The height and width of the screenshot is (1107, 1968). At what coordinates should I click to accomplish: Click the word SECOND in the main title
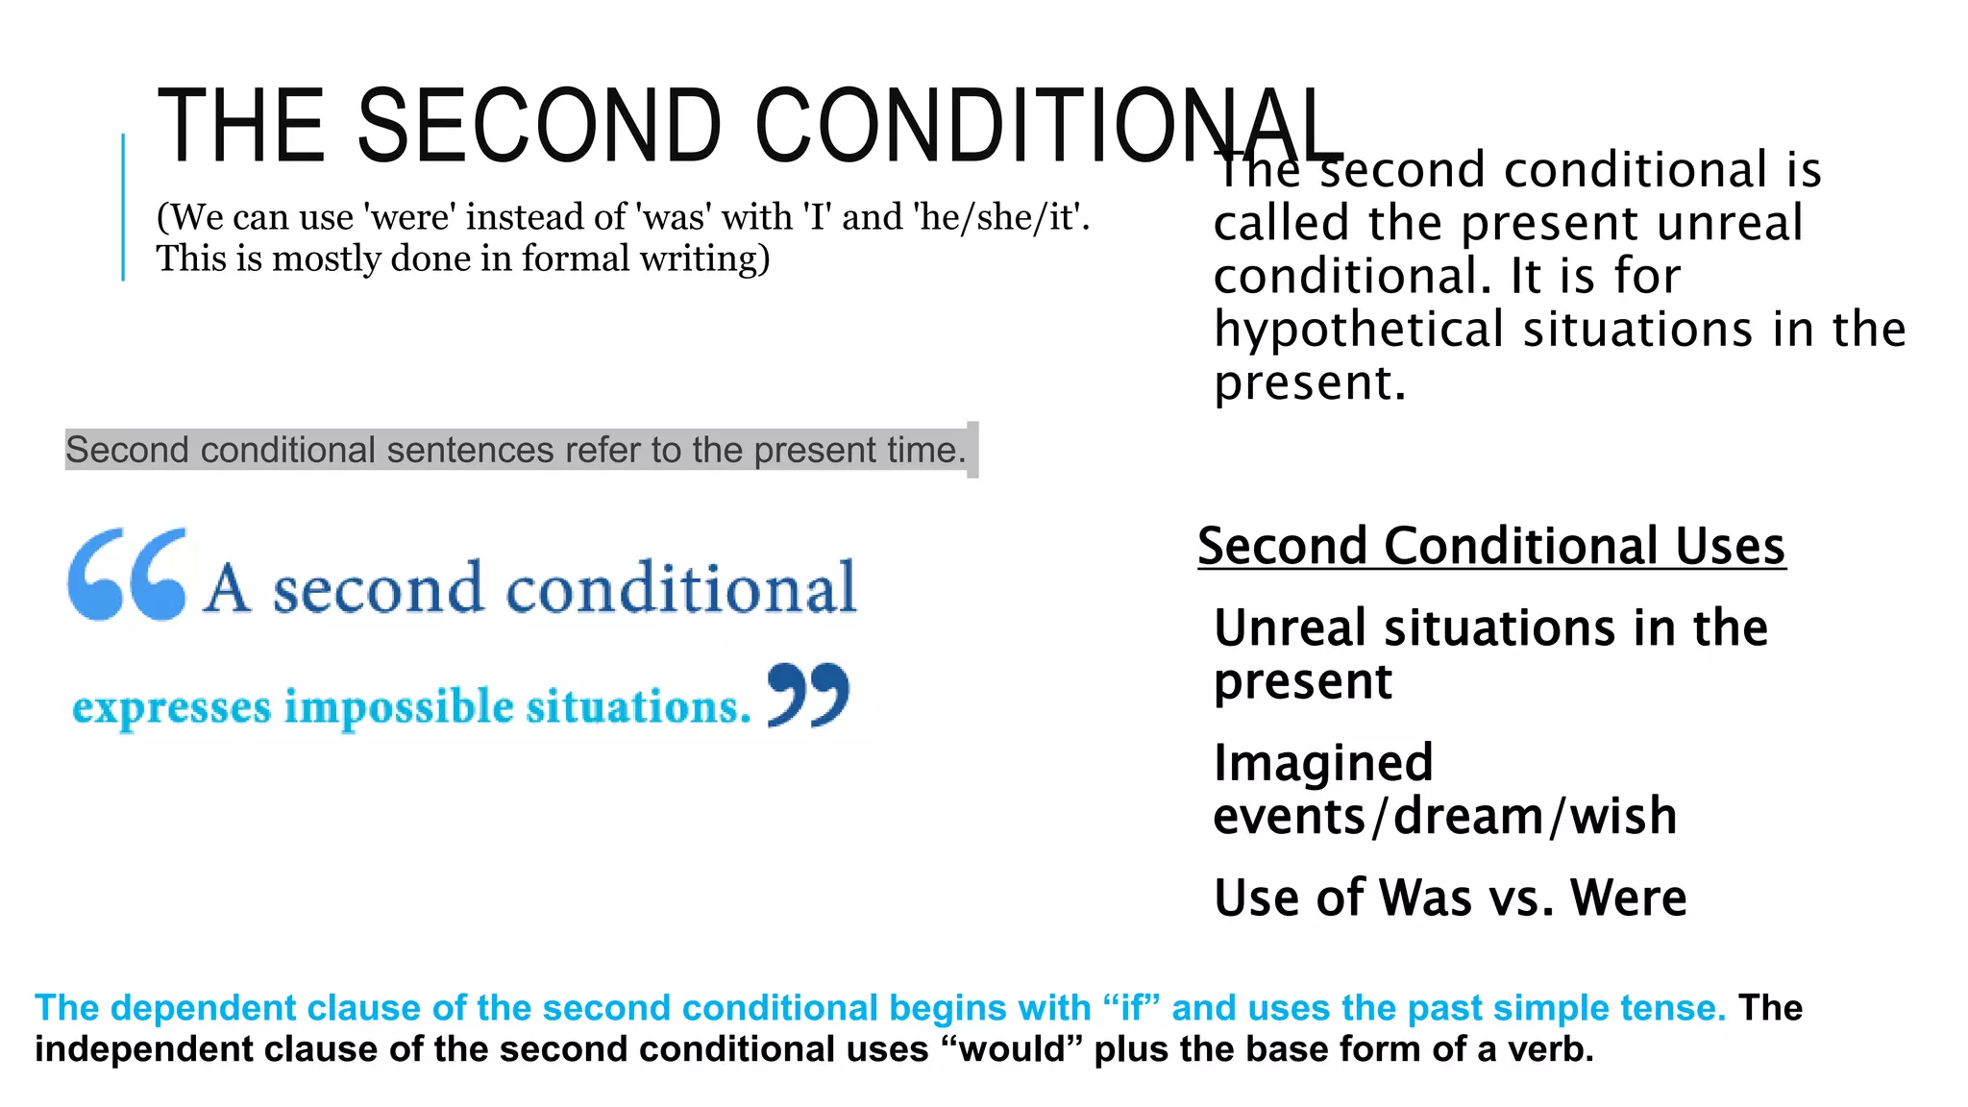tap(538, 126)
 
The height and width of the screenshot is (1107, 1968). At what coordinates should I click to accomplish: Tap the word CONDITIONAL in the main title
tap(1047, 126)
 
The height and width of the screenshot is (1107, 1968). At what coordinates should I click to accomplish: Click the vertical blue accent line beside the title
tap(123, 207)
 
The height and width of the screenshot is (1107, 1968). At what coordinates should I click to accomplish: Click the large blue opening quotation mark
tap(128, 574)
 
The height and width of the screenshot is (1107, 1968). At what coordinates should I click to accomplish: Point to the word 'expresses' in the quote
tap(172, 709)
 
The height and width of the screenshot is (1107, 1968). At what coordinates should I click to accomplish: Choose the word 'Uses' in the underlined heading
tap(1729, 546)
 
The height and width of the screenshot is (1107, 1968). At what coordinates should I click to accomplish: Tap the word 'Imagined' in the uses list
tap(1323, 763)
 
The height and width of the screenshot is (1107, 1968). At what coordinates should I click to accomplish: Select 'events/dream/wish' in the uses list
tap(1445, 816)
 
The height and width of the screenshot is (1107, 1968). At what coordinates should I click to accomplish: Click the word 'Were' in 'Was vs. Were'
tap(1628, 898)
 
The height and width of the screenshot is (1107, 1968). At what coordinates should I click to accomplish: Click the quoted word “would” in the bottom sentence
tap(1012, 1048)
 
